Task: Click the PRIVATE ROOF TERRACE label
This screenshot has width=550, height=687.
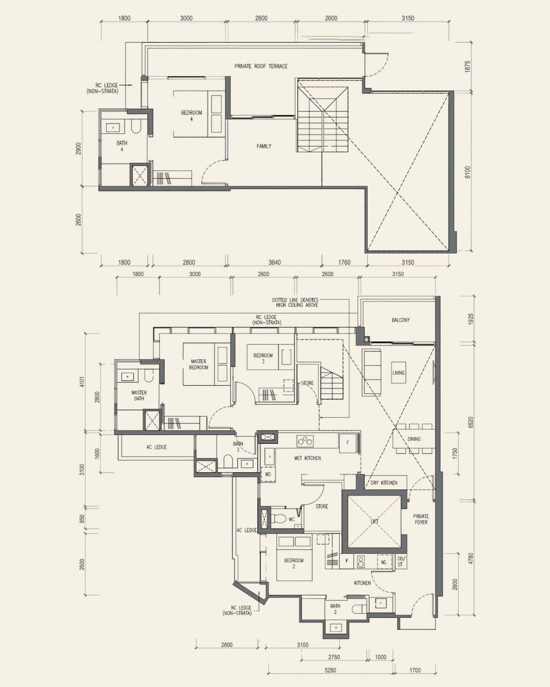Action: [261, 66]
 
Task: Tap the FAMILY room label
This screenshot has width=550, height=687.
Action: [264, 146]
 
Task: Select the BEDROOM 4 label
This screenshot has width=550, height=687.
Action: [191, 116]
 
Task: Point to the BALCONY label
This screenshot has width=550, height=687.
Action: [400, 320]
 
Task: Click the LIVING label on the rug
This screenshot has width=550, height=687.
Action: [399, 372]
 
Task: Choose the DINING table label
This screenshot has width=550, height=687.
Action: [414, 439]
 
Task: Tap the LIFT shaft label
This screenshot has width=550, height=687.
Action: [375, 521]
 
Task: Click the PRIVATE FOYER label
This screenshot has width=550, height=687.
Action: [421, 519]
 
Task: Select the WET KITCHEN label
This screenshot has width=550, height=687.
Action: [307, 458]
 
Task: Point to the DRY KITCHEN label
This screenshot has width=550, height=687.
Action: [384, 483]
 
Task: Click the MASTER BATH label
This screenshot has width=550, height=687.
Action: [139, 395]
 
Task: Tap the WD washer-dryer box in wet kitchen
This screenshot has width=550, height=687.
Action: [268, 474]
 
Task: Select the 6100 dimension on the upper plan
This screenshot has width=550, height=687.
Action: [467, 172]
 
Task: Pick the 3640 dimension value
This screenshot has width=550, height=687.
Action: [274, 262]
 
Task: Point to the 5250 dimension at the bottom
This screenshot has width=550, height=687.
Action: [330, 670]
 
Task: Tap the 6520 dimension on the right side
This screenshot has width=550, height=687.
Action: [471, 422]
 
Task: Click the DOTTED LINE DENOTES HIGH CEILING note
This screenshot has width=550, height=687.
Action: [295, 302]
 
